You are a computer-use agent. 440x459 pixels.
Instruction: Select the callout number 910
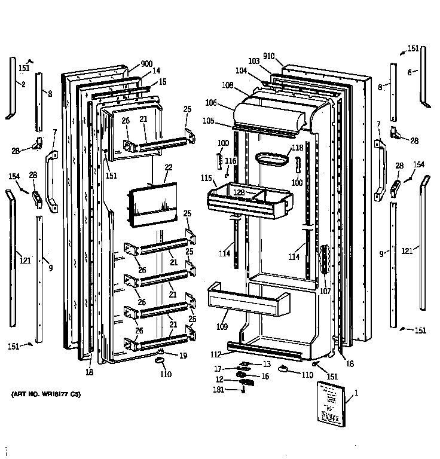pos(268,56)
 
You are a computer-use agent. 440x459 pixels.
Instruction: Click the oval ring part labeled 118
pos(273,159)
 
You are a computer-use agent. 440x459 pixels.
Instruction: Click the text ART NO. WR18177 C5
pos(45,395)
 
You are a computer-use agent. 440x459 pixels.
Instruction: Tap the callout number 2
pos(23,84)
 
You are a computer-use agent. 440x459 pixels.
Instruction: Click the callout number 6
pos(410,72)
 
